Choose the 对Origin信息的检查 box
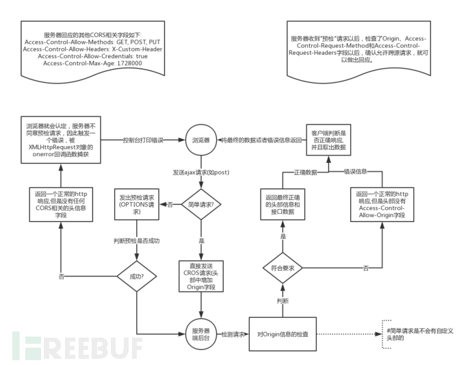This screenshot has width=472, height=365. tap(283, 335)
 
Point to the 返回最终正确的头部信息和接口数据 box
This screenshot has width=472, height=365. tap(283, 203)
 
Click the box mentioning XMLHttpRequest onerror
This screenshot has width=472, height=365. tap(61, 141)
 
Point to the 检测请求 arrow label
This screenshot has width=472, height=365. tap(233, 335)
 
